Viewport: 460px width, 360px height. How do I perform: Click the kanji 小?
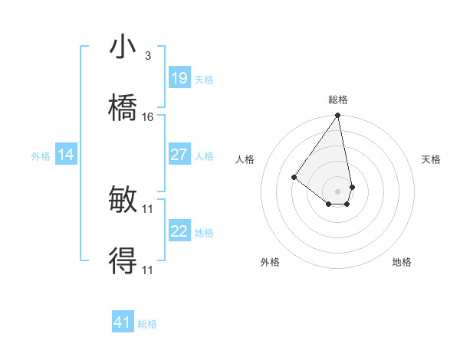coord(123,47)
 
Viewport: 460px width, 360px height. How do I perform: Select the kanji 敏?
coord(123,201)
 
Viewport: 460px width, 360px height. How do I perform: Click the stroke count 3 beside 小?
coord(147,56)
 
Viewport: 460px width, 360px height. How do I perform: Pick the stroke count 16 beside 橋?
coord(148,116)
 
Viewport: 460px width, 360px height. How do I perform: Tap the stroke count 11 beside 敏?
coord(148,208)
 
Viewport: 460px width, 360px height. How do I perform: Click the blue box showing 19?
coord(179,78)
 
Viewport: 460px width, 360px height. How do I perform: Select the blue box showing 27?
coord(179,155)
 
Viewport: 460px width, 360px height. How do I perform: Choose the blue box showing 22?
coord(179,231)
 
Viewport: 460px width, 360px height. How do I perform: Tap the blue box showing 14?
coord(66,155)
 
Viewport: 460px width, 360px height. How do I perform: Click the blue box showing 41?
coord(123,322)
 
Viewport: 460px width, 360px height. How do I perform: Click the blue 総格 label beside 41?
coord(147,324)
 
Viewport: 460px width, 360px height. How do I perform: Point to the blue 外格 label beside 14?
coord(41,156)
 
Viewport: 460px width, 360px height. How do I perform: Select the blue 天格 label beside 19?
coord(203,80)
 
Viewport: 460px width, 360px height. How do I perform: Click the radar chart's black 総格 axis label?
coord(337,100)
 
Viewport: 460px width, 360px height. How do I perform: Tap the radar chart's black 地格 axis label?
coord(402,262)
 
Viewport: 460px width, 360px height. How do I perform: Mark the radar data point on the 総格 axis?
coord(337,116)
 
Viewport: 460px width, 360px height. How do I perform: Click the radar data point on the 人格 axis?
coord(294,177)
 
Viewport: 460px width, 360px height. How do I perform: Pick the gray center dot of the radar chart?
coord(337,191)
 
